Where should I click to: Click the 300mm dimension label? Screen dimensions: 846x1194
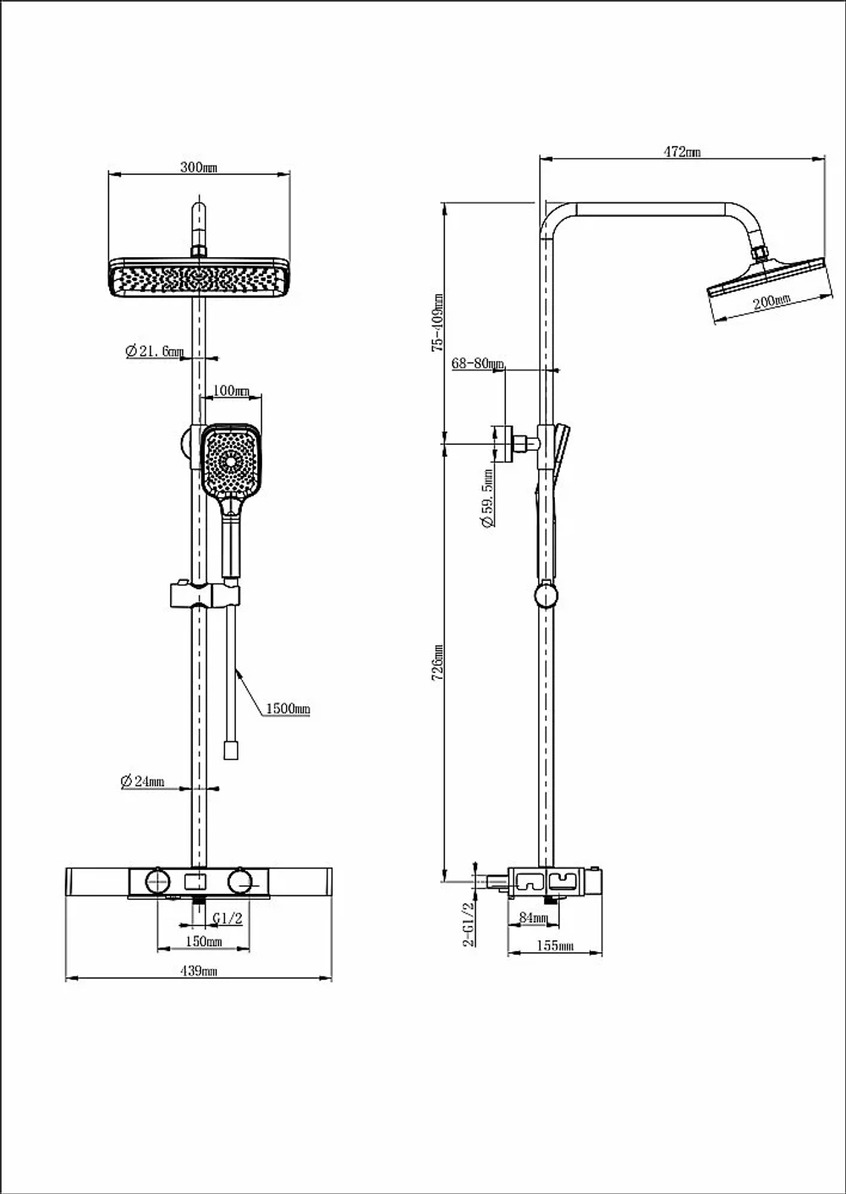click(199, 167)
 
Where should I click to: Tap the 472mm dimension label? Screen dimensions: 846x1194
click(682, 152)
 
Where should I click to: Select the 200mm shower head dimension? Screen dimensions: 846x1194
click(772, 302)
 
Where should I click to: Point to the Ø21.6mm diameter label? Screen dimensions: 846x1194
click(154, 351)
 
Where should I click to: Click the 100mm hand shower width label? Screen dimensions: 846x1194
click(231, 391)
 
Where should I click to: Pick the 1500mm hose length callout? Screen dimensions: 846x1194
click(288, 709)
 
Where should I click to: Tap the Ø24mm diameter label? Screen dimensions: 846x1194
click(142, 781)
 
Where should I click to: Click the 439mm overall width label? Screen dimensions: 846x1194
click(199, 971)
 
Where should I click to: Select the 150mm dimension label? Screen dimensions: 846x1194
click(203, 941)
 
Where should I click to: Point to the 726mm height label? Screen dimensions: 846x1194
click(437, 662)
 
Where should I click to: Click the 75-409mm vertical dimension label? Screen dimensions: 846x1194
click(437, 322)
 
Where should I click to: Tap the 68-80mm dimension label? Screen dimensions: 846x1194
click(477, 364)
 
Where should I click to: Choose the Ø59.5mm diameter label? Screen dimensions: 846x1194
click(487, 498)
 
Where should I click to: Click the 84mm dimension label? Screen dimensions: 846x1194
click(533, 917)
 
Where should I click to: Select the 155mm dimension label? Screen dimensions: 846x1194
click(555, 945)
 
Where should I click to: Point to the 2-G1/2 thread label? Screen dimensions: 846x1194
click(469, 924)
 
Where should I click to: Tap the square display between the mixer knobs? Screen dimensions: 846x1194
click(195, 882)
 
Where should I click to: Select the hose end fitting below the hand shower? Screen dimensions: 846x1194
click(231, 749)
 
